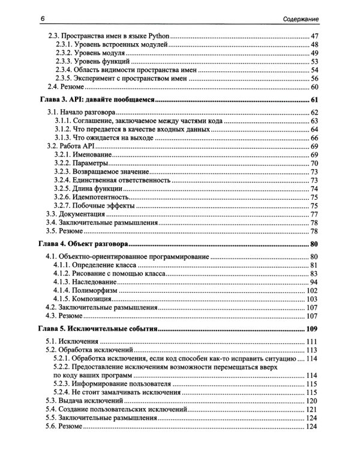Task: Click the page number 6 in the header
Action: (44, 20)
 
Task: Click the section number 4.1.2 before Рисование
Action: (65, 273)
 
